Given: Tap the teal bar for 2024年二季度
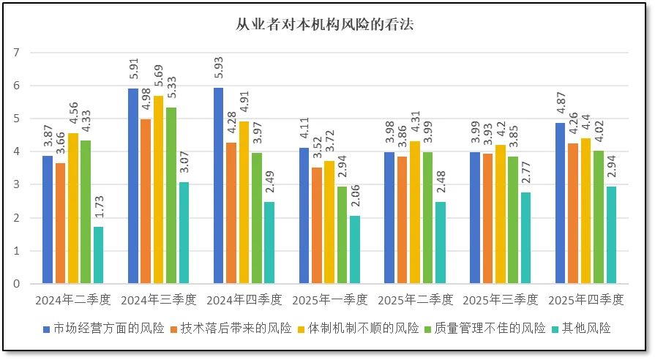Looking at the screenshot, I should click(x=98, y=255).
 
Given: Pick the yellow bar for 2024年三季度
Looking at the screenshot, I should click(x=158, y=190).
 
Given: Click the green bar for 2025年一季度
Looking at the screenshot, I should click(x=342, y=235).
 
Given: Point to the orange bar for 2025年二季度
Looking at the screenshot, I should click(x=402, y=220).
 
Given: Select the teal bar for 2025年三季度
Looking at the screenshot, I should click(x=525, y=238).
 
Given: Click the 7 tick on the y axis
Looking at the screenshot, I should click(x=16, y=53).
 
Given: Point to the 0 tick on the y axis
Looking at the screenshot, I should click(x=16, y=284).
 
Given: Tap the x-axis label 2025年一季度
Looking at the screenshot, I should click(x=329, y=300).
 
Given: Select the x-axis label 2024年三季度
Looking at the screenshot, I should click(x=158, y=300).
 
